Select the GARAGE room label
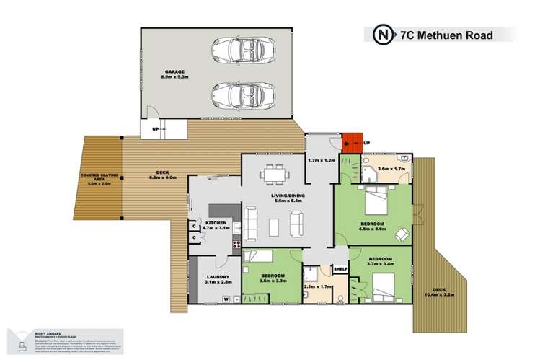pyautogui.click(x=175, y=72)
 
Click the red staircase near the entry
pyautogui.click(x=351, y=143)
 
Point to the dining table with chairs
pyautogui.click(x=274, y=175)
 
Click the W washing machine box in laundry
pyautogui.click(x=226, y=299)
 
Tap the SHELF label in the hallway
pyautogui.click(x=340, y=271)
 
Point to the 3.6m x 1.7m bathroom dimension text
pyautogui.click(x=391, y=168)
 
